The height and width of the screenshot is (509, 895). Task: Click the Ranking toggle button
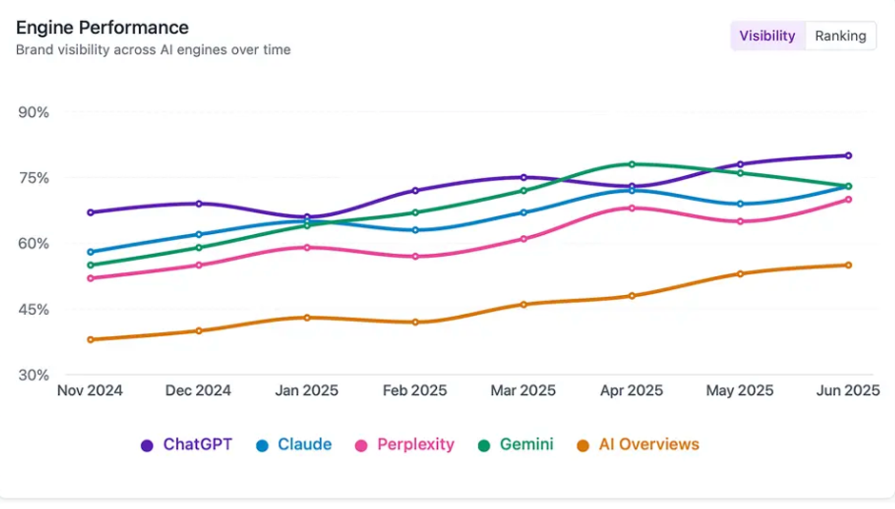point(840,36)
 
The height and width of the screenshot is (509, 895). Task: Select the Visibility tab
point(767,36)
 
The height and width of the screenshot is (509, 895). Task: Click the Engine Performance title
point(102,27)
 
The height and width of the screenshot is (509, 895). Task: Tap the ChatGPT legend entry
point(186,445)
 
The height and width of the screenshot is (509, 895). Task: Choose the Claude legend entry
point(294,445)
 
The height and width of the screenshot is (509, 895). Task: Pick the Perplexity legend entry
point(405,445)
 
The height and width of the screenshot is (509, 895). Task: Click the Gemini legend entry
point(516,445)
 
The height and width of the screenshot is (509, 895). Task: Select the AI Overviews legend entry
point(638,445)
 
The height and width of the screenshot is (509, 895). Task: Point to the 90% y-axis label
point(34,112)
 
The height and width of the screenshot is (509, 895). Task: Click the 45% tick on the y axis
point(34,309)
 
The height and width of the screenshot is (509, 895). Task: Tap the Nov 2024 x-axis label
point(90,390)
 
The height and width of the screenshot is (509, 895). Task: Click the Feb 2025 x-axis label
point(415,390)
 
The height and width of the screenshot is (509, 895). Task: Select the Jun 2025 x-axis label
point(848,390)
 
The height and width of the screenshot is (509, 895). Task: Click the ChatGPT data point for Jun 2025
point(848,156)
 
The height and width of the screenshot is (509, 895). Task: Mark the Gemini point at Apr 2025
point(632,164)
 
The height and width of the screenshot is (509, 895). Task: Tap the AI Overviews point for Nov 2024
point(90,339)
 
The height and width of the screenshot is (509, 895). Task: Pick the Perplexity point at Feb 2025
point(415,257)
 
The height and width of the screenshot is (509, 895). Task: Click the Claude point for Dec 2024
point(199,234)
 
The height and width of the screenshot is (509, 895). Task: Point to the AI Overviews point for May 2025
point(740,274)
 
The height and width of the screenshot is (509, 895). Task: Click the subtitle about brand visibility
point(153,50)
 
